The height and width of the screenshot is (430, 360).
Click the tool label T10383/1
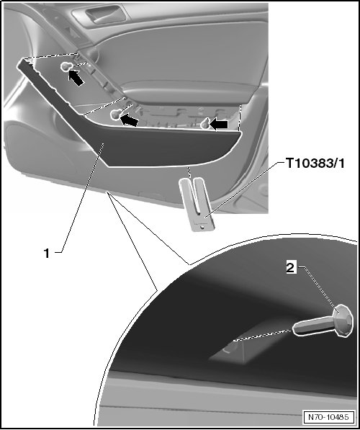(x=315, y=164)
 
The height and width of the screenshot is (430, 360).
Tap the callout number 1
(x=47, y=253)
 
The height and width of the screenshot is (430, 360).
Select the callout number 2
(x=291, y=267)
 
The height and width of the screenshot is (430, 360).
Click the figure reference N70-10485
(x=328, y=417)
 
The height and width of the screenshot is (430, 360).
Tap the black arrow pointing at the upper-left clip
(x=76, y=78)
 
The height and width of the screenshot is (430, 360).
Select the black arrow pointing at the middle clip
(x=129, y=120)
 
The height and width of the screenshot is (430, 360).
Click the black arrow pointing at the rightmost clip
(x=219, y=125)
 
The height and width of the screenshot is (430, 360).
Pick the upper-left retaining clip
(x=66, y=66)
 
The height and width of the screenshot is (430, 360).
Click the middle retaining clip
(x=116, y=114)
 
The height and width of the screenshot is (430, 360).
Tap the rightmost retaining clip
(x=204, y=124)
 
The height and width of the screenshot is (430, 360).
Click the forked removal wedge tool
(x=197, y=204)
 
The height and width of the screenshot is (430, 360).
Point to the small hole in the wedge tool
(x=202, y=228)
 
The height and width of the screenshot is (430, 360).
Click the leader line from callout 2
(x=318, y=287)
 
